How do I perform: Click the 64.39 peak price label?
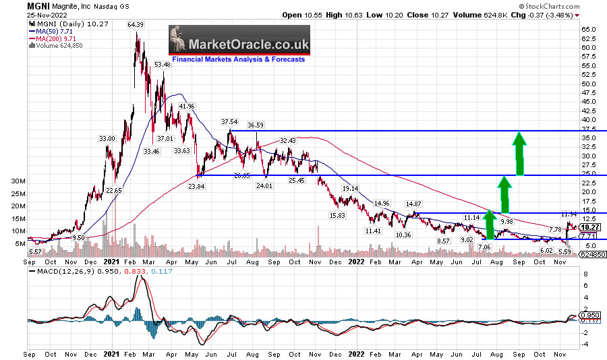pyautogui.click(x=137, y=25)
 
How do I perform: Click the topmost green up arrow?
pyautogui.click(x=519, y=154)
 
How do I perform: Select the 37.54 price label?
pyautogui.click(x=231, y=122)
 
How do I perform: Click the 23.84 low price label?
pyautogui.click(x=196, y=186)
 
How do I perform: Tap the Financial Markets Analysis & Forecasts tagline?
pyautogui.click(x=239, y=59)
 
